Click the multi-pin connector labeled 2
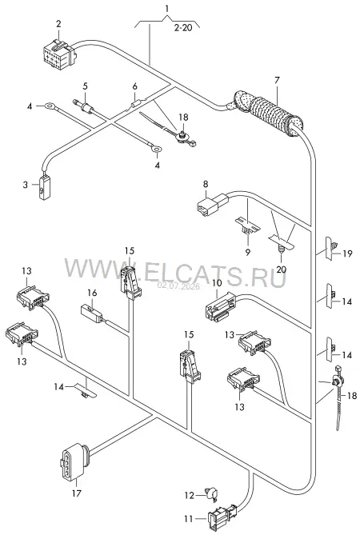point(59,54)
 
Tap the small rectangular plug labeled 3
point(44,187)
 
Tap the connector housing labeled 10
point(221,306)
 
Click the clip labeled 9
point(247,226)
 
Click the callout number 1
point(167,8)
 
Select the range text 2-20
point(183,27)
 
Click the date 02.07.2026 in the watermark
point(178,286)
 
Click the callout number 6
point(135,86)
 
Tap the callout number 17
point(76,493)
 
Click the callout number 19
point(348,254)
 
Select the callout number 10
point(218,284)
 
